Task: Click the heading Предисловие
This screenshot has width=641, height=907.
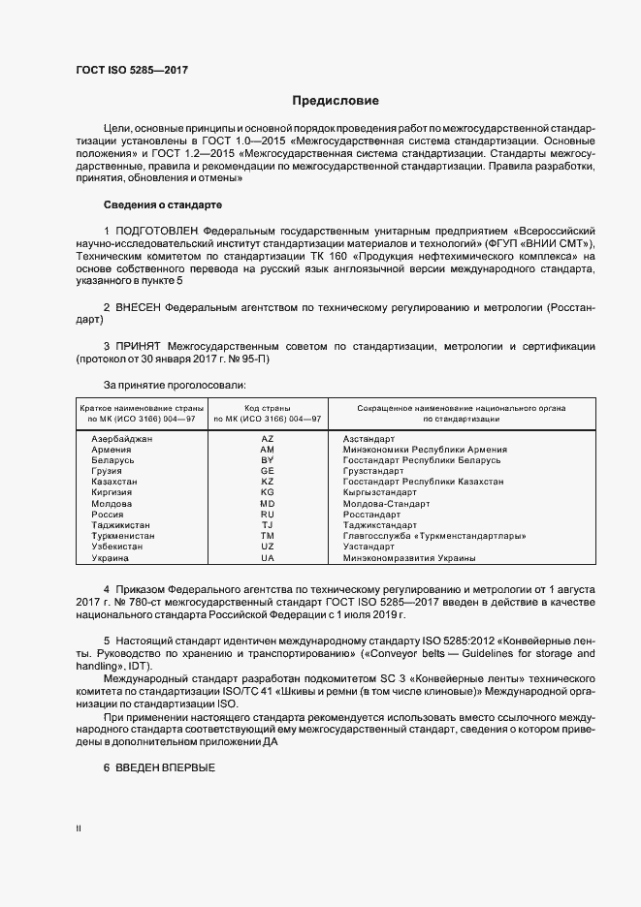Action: point(336,101)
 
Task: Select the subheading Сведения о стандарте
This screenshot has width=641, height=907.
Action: point(163,205)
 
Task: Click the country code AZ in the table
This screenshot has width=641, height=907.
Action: point(268,439)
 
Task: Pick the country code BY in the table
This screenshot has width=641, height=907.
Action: point(268,460)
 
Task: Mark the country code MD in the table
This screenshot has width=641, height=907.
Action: point(268,504)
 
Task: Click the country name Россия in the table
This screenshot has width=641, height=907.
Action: point(107,515)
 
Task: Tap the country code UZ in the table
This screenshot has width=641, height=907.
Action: point(268,547)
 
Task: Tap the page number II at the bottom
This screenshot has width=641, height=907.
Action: point(80,829)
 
